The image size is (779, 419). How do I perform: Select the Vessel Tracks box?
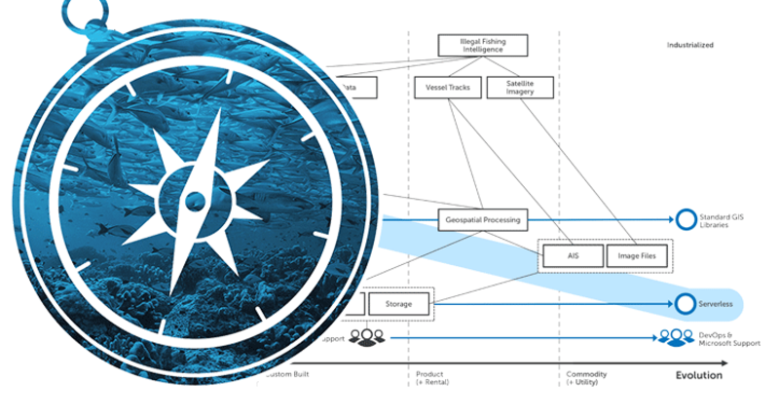tap(448, 88)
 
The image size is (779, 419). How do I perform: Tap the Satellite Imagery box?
tap(519, 88)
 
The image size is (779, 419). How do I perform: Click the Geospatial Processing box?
tap(481, 220)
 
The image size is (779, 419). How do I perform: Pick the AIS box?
tap(573, 256)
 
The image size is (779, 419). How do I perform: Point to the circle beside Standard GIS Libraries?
tap(686, 220)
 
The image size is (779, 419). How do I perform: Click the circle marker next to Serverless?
tap(686, 304)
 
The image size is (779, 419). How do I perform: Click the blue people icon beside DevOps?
tap(675, 338)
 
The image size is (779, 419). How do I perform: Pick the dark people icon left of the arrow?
tap(367, 338)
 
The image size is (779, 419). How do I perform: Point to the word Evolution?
tap(699, 375)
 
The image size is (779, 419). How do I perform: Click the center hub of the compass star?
tap(195, 202)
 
